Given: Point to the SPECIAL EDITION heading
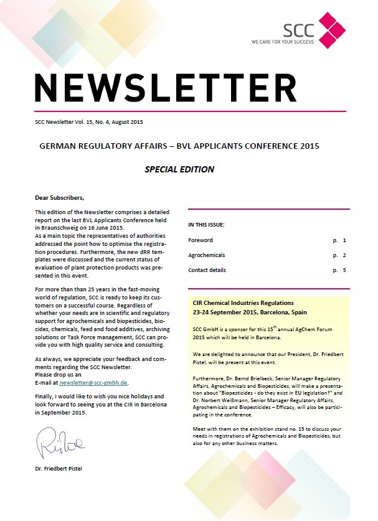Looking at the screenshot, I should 179,169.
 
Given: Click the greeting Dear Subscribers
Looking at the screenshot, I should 59,198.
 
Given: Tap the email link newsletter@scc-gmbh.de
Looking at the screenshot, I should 98,382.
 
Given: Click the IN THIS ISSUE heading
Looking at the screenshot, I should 206,224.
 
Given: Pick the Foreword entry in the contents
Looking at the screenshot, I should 201,240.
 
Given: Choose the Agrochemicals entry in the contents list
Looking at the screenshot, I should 207,255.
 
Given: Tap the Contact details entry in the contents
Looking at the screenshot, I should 207,270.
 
